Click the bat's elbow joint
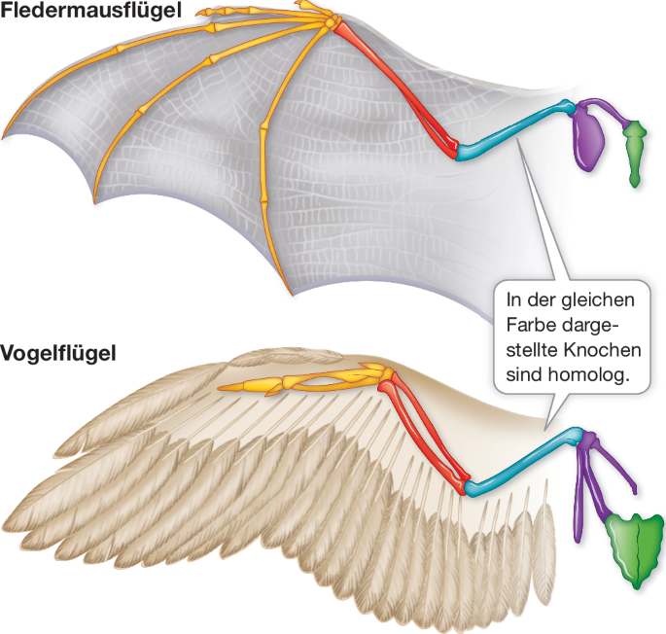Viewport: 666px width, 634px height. (x=457, y=151)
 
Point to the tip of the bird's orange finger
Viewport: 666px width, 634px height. (x=223, y=389)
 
